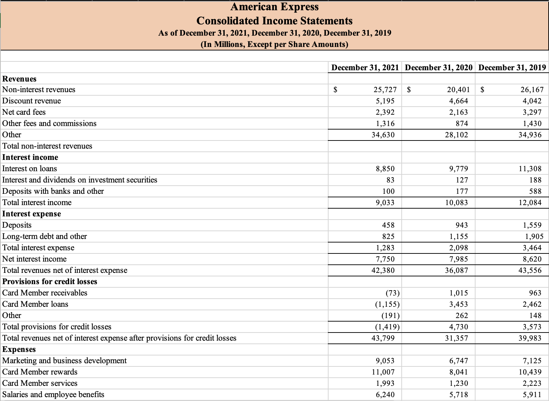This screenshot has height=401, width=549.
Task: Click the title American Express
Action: [274, 7]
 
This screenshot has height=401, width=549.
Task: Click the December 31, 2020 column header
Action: [438, 67]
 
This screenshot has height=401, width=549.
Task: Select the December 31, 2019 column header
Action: [512, 67]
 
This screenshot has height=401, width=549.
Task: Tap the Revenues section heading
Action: [19, 79]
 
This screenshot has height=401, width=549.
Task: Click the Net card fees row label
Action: [24, 112]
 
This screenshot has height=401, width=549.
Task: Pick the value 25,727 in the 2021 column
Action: [385, 90]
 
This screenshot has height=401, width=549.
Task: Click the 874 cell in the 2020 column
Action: [461, 124]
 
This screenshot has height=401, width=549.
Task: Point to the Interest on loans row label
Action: [30, 169]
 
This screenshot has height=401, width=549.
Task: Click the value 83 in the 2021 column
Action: [390, 180]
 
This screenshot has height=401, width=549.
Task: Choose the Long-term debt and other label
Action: [45, 237]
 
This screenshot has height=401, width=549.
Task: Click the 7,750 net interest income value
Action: [385, 259]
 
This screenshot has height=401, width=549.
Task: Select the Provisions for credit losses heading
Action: [50, 282]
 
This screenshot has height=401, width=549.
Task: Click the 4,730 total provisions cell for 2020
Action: [458, 327]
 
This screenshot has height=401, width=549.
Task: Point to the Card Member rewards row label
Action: [40, 372]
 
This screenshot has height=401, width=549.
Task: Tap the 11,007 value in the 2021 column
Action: [383, 372]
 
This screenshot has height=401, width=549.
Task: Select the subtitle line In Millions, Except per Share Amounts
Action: [274, 44]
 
